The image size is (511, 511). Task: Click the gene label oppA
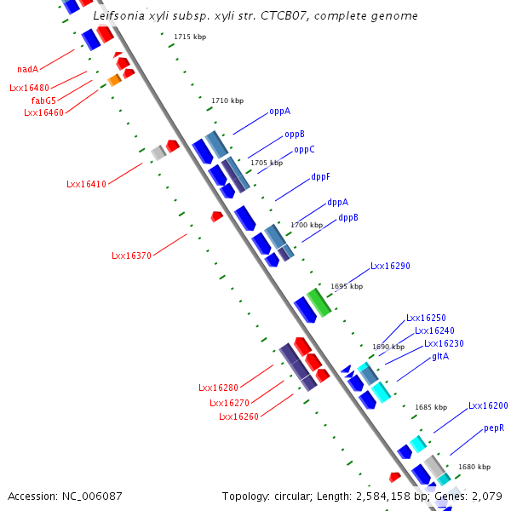(x=280, y=111)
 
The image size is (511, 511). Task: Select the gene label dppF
(x=320, y=176)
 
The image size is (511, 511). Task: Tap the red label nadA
(x=28, y=69)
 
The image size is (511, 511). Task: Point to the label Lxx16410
(x=86, y=184)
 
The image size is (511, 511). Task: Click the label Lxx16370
(x=131, y=255)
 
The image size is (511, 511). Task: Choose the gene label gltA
(x=440, y=356)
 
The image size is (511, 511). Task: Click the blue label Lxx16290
(x=390, y=266)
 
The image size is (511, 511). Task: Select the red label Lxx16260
(x=238, y=416)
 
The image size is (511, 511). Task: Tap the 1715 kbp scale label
(x=190, y=37)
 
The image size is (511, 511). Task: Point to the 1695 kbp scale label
(x=347, y=287)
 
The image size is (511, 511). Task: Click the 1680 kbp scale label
(x=474, y=467)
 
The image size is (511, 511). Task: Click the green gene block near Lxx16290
(x=319, y=301)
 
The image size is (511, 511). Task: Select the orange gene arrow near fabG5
(x=114, y=80)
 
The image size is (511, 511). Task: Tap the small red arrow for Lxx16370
(x=216, y=217)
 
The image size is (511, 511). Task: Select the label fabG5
(x=44, y=100)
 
